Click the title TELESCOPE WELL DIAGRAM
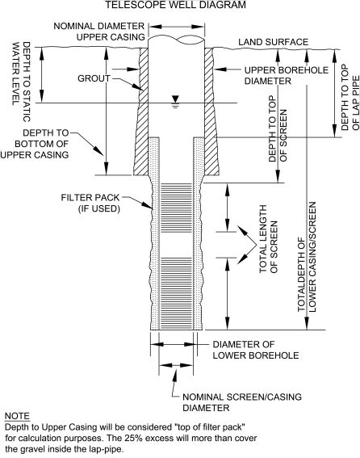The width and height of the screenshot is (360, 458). pyautogui.click(x=175, y=5)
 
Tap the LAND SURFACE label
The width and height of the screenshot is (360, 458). pyautogui.click(x=273, y=42)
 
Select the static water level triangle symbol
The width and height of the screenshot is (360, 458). pyautogui.click(x=175, y=99)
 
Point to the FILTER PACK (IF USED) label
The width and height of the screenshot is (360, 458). pyautogui.click(x=90, y=203)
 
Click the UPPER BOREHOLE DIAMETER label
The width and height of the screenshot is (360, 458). pyautogui.click(x=286, y=75)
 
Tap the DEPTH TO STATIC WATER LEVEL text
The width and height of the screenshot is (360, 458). pyautogui.click(x=21, y=82)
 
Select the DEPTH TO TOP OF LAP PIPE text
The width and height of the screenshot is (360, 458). pyautogui.click(x=350, y=97)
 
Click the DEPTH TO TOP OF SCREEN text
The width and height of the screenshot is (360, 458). pyautogui.click(x=278, y=128)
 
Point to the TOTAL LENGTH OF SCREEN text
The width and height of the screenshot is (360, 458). pyautogui.click(x=268, y=239)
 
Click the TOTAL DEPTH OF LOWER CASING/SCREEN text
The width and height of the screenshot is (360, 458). pyautogui.click(x=307, y=257)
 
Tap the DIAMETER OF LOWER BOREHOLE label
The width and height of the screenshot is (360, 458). pyautogui.click(x=256, y=350)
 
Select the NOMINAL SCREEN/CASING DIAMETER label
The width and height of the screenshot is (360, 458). pyautogui.click(x=242, y=402)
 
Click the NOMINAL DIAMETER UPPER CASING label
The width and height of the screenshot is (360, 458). pyautogui.click(x=99, y=32)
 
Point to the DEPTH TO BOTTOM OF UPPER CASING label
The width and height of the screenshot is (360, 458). pyautogui.click(x=35, y=144)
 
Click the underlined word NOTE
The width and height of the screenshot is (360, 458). pyautogui.click(x=17, y=416)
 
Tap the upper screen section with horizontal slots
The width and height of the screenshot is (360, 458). pyautogui.click(x=176, y=208)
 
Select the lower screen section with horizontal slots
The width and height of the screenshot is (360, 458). pyautogui.click(x=176, y=293)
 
